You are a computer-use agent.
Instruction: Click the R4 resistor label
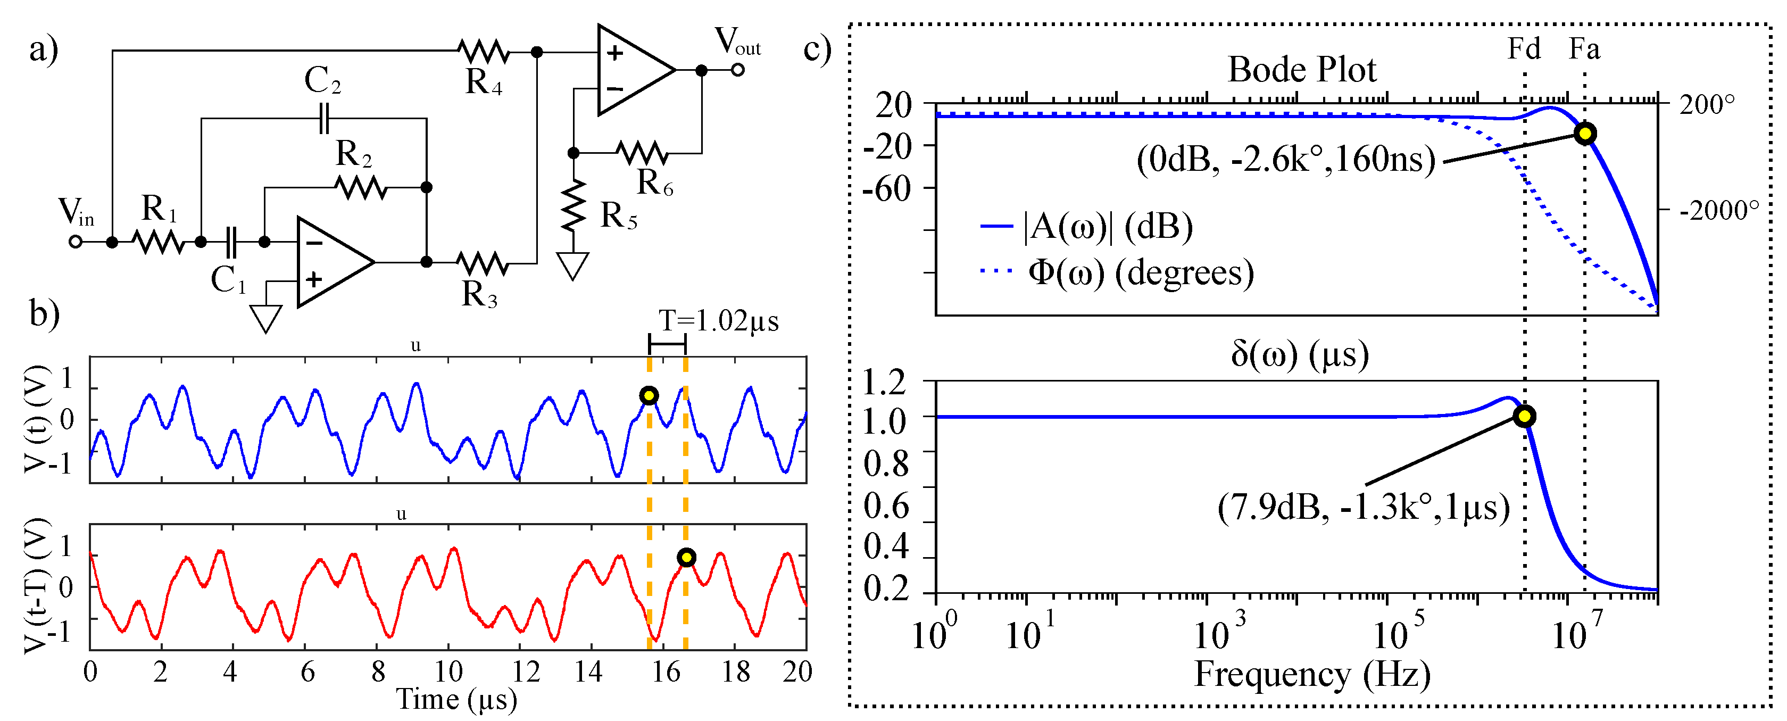coord(484,82)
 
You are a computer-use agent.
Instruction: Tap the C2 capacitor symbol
coord(323,119)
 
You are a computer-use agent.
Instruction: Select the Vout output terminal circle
coord(737,70)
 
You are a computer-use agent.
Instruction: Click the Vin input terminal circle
coord(76,242)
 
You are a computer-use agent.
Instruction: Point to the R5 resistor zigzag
coord(573,205)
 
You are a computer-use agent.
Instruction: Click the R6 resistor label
coord(654,183)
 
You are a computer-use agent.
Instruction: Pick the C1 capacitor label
coord(228,280)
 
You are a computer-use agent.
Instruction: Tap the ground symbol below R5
coord(573,265)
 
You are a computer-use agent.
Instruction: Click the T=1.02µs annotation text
coord(718,321)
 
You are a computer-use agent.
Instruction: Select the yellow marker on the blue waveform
coord(649,395)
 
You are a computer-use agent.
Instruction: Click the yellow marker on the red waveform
coord(686,557)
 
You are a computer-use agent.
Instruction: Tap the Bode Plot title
coord(1301,69)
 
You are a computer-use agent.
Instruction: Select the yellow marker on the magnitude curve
coord(1584,133)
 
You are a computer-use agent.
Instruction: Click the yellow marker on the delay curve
coord(1524,416)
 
